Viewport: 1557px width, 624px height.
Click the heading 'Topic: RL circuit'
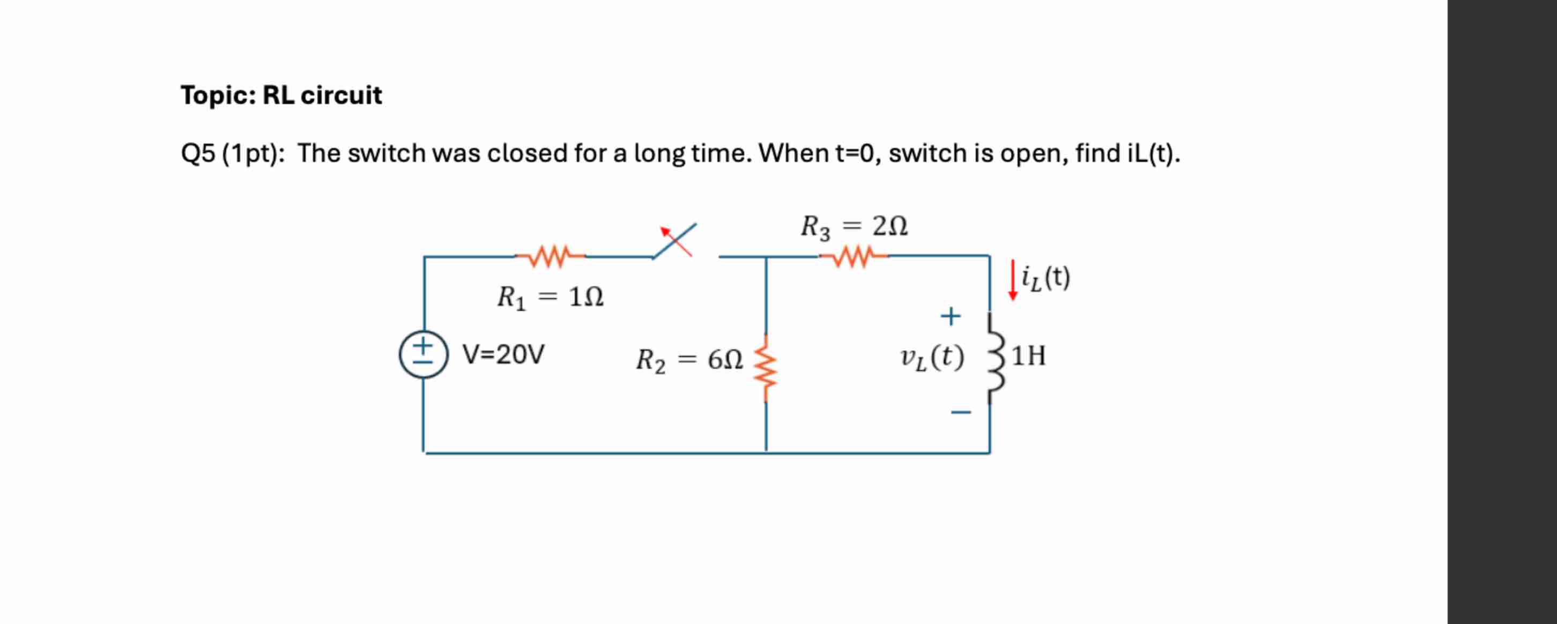tap(281, 95)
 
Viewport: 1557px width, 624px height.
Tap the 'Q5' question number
tap(198, 153)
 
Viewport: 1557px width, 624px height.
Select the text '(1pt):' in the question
tap(254, 153)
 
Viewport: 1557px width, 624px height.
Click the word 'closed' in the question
tap(527, 153)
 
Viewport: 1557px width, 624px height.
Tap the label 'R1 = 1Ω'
tap(550, 297)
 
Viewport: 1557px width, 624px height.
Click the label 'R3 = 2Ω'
tap(854, 227)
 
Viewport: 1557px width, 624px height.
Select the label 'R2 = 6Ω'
tap(689, 361)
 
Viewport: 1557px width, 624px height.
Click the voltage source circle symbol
tap(423, 354)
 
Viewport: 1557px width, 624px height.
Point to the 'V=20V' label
tap(503, 354)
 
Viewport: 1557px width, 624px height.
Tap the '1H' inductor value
tap(1029, 356)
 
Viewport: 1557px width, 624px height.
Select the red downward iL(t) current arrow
tap(1013, 280)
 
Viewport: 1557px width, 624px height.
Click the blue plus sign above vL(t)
tap(951, 316)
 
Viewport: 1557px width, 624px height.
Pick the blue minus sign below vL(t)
tap(960, 413)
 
